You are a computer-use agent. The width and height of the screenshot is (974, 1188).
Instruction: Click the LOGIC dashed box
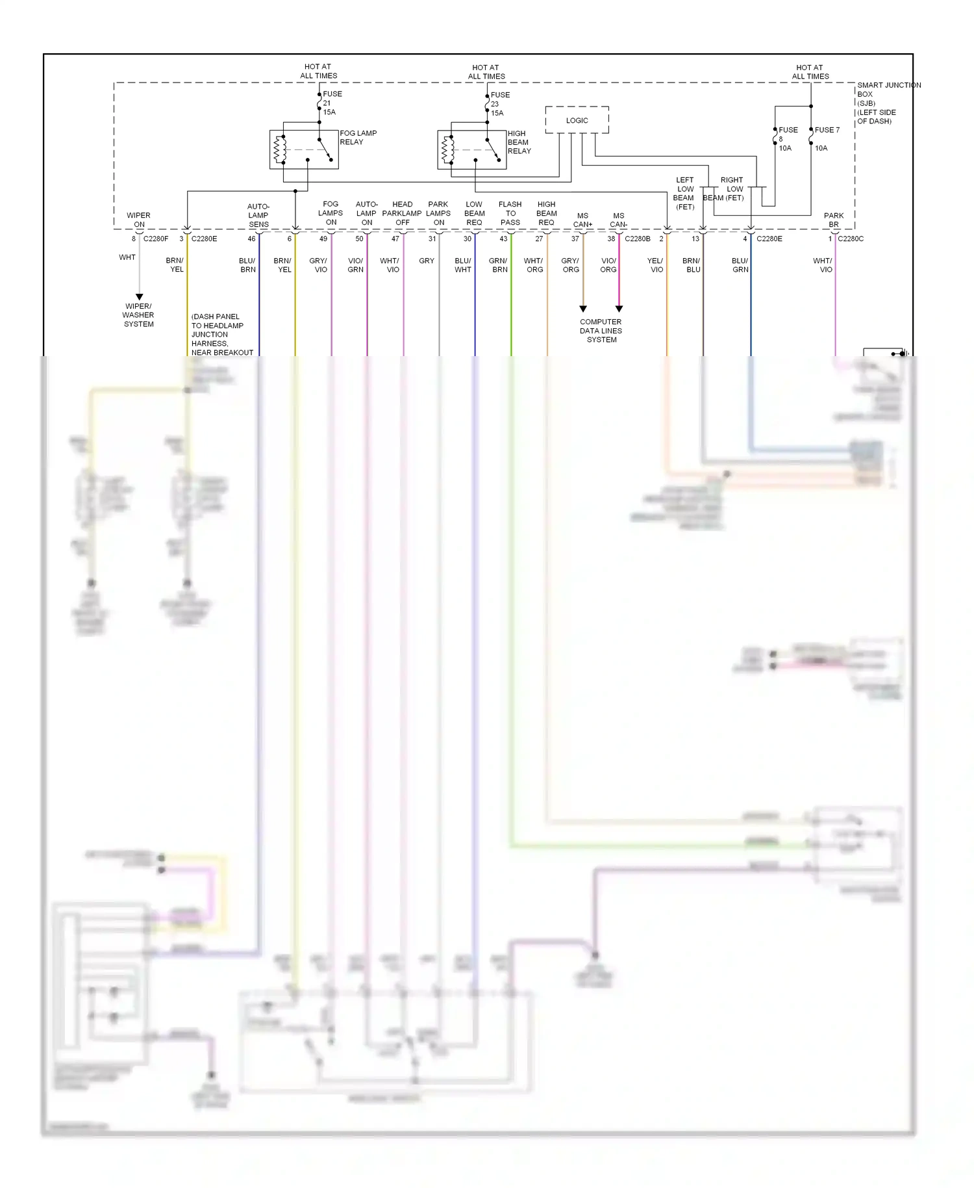click(x=577, y=120)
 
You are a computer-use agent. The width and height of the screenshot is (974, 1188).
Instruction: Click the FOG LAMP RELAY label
click(x=358, y=137)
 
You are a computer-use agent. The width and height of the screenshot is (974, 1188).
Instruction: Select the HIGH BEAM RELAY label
click(x=519, y=142)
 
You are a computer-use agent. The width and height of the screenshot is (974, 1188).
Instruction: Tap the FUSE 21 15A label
click(x=331, y=103)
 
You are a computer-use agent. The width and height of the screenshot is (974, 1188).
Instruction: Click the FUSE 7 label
click(x=827, y=130)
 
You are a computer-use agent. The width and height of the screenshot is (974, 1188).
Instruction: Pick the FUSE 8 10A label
click(x=787, y=139)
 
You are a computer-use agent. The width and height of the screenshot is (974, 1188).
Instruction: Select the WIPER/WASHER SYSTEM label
click(x=138, y=315)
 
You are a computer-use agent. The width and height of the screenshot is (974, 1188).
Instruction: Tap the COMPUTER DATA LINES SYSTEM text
click(x=601, y=331)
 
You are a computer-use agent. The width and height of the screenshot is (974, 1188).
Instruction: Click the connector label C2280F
click(x=156, y=239)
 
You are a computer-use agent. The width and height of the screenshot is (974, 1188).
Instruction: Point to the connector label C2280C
click(x=851, y=239)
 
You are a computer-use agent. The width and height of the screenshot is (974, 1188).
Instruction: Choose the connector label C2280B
click(x=637, y=239)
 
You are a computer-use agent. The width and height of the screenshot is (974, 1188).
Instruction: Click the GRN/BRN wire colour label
click(x=499, y=265)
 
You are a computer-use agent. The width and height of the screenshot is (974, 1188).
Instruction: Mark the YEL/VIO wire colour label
click(x=656, y=265)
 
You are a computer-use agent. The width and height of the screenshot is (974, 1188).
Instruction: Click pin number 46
click(x=251, y=239)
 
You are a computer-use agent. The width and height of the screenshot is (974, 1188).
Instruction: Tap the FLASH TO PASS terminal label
click(x=510, y=213)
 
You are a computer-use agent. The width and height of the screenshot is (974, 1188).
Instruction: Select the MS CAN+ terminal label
click(x=582, y=220)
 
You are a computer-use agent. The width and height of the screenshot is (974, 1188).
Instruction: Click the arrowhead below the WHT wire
click(x=139, y=297)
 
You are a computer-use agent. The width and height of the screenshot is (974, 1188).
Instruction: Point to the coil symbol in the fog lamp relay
click(x=280, y=149)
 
